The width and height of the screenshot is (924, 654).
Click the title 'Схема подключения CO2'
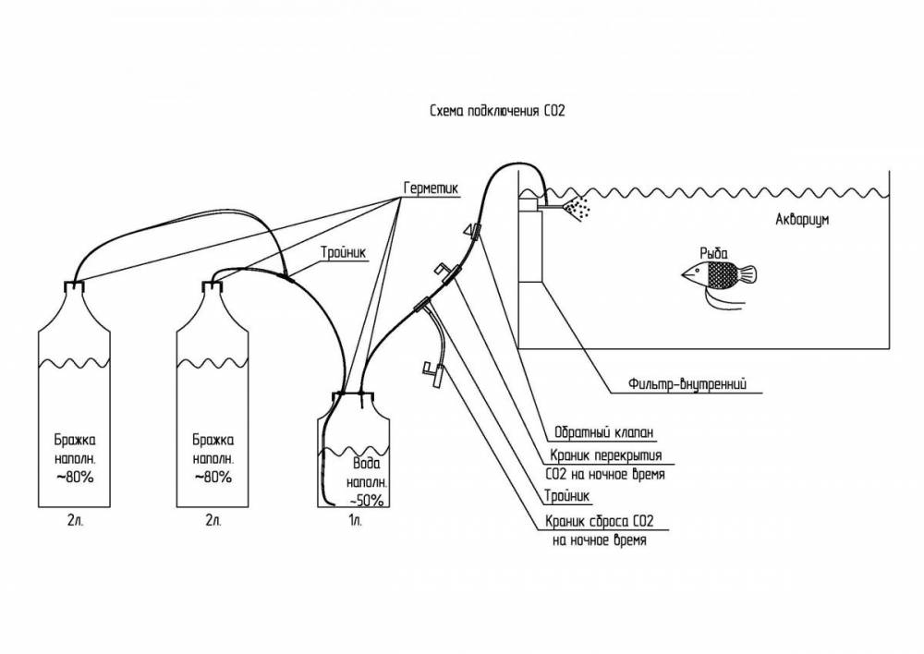pos(497,110)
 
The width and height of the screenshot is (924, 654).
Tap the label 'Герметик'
pos(431,187)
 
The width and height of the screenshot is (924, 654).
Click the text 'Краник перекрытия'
pos(604,455)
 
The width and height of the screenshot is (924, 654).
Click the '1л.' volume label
pos(354,521)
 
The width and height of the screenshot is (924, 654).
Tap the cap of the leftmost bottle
pos(73,287)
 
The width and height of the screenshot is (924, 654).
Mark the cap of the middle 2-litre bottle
pos(213,287)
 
